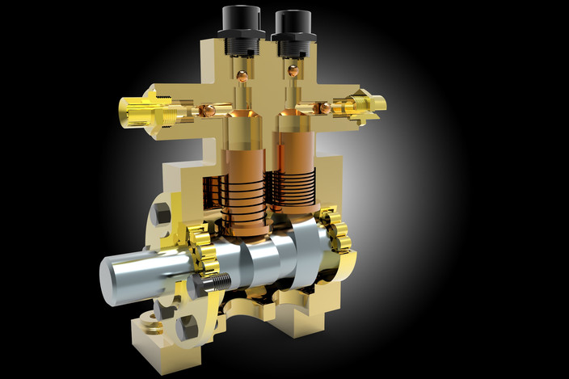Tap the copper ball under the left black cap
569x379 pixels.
(x=241, y=77)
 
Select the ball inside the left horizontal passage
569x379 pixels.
(x=208, y=110)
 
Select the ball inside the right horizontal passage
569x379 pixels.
(x=325, y=107)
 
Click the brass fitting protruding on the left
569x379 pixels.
(x=144, y=112)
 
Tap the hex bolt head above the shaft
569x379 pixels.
(x=160, y=214)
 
